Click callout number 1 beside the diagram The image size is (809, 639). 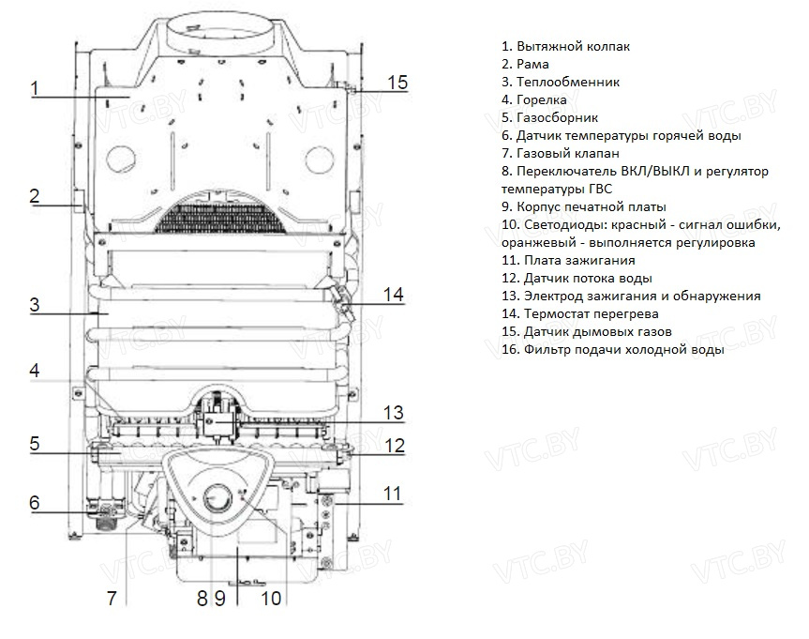pos(34,89)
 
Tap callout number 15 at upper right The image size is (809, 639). pos(397,83)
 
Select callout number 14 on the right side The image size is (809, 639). pos(394,295)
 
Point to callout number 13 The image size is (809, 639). pos(393,412)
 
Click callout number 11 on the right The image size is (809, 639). pos(393,493)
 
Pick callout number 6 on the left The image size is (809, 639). pos(34,503)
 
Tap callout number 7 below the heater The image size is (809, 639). pos(112,598)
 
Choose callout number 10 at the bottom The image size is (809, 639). pos(270,598)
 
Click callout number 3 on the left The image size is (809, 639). pos(34,305)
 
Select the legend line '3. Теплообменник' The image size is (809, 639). pos(561,82)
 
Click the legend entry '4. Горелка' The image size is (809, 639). pos(535,99)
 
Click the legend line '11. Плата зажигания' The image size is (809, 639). pos(568,260)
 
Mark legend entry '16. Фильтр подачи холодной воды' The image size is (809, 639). pos(613,349)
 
